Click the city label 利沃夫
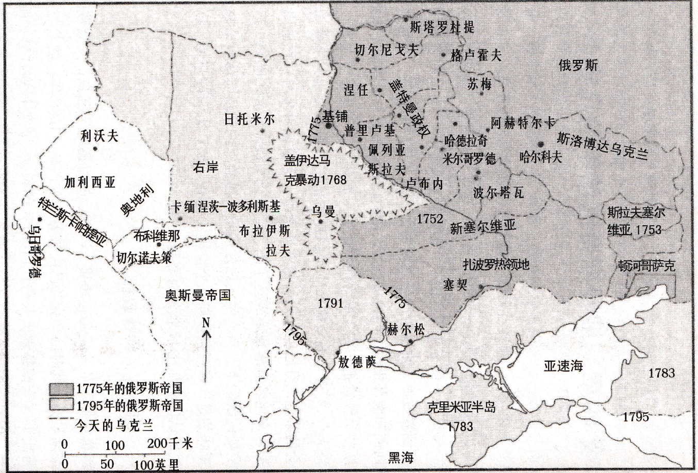[99, 136]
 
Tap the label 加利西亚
[90, 182]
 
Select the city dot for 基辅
[328, 125]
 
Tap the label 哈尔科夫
[541, 157]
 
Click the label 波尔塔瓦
[498, 192]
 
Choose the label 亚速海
[563, 366]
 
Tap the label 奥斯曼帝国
[197, 295]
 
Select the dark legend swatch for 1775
[62, 388]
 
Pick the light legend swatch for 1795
[62, 405]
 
